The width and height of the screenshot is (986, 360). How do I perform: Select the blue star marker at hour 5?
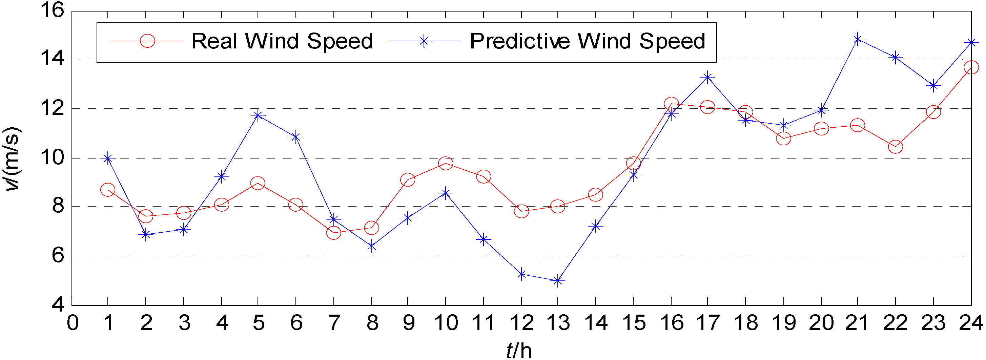tap(258, 115)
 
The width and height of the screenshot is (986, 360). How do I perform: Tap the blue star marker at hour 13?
tap(558, 281)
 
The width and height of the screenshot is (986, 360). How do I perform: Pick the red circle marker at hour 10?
tap(446, 163)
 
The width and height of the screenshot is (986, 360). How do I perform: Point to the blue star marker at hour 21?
tap(857, 39)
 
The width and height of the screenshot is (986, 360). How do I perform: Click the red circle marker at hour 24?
tap(971, 67)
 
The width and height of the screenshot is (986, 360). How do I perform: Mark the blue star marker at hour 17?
tap(707, 77)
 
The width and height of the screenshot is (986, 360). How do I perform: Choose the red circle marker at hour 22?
tap(895, 147)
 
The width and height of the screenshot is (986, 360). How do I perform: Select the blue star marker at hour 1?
tap(108, 158)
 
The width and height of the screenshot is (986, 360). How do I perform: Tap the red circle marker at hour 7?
tap(334, 233)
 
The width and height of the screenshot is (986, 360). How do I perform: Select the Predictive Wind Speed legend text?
tap(588, 41)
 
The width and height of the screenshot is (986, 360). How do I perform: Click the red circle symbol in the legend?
tap(147, 41)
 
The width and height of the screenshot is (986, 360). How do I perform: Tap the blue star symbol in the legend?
tap(424, 41)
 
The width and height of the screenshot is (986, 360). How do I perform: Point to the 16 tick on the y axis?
tap(53, 10)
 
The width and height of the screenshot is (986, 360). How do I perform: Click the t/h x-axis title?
tap(519, 350)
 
